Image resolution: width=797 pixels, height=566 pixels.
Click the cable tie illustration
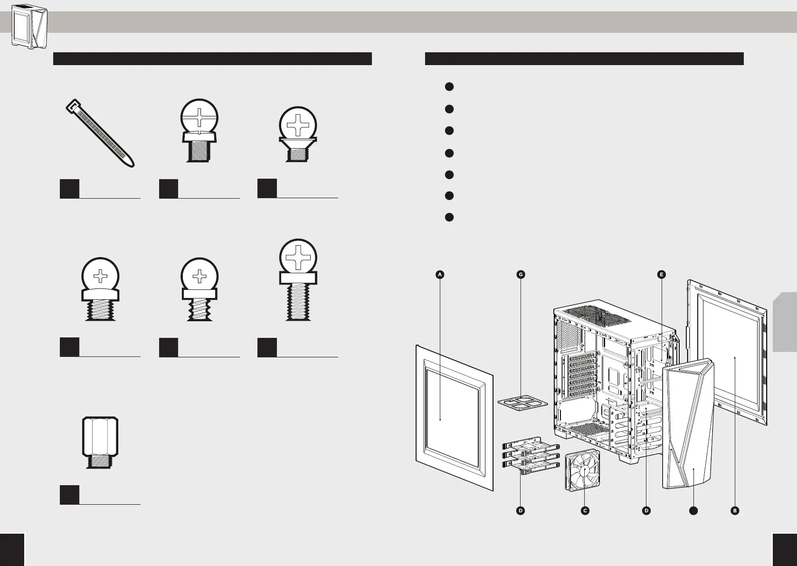100,133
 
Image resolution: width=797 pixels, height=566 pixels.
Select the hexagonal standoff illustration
100,442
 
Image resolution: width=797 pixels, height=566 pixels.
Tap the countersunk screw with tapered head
298,134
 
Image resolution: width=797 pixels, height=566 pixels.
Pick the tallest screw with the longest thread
298,280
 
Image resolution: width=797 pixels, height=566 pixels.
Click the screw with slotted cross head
199,131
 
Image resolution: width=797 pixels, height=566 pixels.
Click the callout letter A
440,274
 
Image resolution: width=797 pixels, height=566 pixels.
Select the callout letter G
521,274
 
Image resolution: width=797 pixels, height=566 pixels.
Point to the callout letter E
661,274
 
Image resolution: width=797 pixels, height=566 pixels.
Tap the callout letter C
585,510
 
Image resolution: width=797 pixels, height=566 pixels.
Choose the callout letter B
735,510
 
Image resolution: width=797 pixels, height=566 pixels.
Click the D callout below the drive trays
521,510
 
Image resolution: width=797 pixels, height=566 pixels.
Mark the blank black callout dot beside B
693,510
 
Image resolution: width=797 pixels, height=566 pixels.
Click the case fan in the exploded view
583,470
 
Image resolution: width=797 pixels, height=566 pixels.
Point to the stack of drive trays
530,456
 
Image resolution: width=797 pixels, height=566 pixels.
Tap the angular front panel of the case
688,423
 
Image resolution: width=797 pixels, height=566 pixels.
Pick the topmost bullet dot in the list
449,86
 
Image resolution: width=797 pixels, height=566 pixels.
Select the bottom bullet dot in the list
449,217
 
